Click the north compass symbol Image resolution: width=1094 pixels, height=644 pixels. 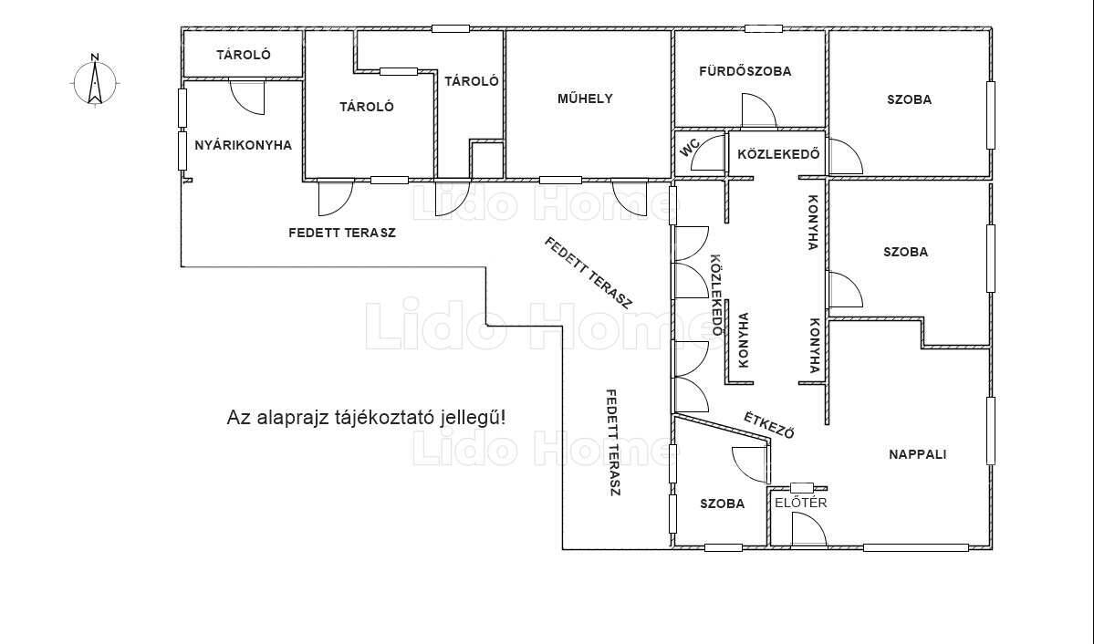tap(96, 80)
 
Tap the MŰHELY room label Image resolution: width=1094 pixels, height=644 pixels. tap(585, 99)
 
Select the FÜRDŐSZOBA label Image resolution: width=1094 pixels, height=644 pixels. tap(745, 70)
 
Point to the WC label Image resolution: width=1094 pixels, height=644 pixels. tap(690, 148)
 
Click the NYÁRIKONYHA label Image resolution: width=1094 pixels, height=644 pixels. tap(243, 145)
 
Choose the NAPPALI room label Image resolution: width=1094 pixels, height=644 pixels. tap(918, 454)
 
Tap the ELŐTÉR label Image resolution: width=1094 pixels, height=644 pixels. tap(801, 503)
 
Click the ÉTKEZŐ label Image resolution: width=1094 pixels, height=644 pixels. tap(769, 425)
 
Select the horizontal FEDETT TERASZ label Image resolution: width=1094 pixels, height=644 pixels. tap(342, 233)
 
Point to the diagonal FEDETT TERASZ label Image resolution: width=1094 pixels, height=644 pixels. tap(589, 273)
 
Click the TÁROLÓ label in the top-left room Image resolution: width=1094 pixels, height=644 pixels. tap(244, 55)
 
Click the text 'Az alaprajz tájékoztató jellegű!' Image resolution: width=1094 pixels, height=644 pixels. tap(366, 418)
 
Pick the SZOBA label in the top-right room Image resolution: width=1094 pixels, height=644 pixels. tap(909, 99)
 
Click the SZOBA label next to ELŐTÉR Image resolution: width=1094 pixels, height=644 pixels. tap(722, 504)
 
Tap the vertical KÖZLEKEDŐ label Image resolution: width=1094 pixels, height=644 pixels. tap(716, 295)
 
